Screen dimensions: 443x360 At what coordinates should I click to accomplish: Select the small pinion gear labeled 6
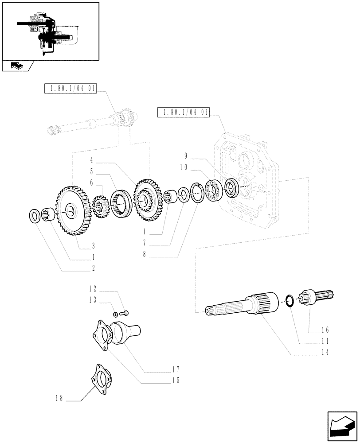point(101,206)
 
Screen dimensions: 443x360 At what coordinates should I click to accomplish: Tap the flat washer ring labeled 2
point(35,217)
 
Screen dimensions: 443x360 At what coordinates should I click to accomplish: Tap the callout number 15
point(177,381)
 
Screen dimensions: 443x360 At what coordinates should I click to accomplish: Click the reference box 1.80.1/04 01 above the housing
point(183,112)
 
